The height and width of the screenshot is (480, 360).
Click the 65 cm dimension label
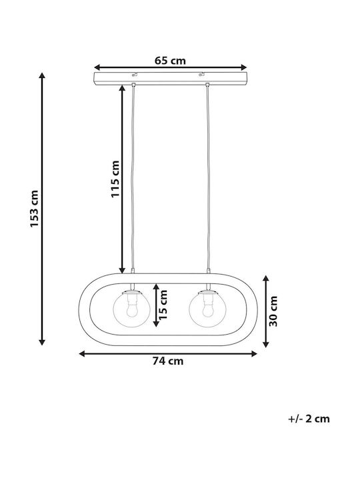tap(170, 61)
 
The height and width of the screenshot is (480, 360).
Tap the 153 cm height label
tap(34, 209)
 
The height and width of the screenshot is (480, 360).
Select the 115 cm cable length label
tap(115, 179)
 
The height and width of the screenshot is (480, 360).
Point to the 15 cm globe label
tap(163, 305)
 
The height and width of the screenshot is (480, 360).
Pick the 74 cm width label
tap(168, 361)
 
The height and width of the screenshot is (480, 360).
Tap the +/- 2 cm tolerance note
tap(309, 419)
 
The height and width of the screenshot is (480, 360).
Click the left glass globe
tap(131, 309)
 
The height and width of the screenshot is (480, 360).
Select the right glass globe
tap(207, 309)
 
